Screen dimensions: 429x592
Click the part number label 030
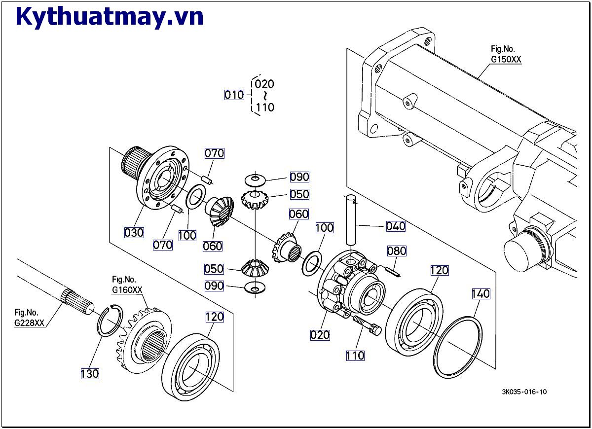134,232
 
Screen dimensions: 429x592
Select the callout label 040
396,226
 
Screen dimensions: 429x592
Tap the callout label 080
396,251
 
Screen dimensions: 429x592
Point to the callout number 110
355,355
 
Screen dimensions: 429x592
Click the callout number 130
90,374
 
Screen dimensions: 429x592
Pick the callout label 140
481,294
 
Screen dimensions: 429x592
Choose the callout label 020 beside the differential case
320,335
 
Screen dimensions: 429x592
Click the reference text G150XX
506,59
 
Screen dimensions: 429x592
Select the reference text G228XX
29,323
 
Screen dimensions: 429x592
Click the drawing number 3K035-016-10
524,392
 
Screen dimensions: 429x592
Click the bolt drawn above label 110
368,325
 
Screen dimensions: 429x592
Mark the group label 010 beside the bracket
234,95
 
